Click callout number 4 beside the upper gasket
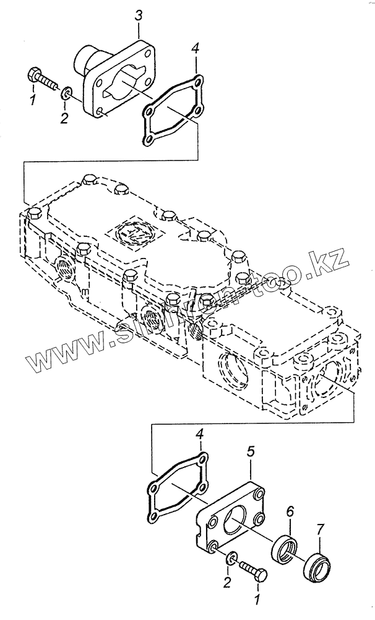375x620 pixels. point(195,48)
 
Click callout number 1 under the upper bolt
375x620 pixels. point(33,99)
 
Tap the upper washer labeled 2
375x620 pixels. point(67,94)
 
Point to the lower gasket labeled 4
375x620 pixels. point(177,487)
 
